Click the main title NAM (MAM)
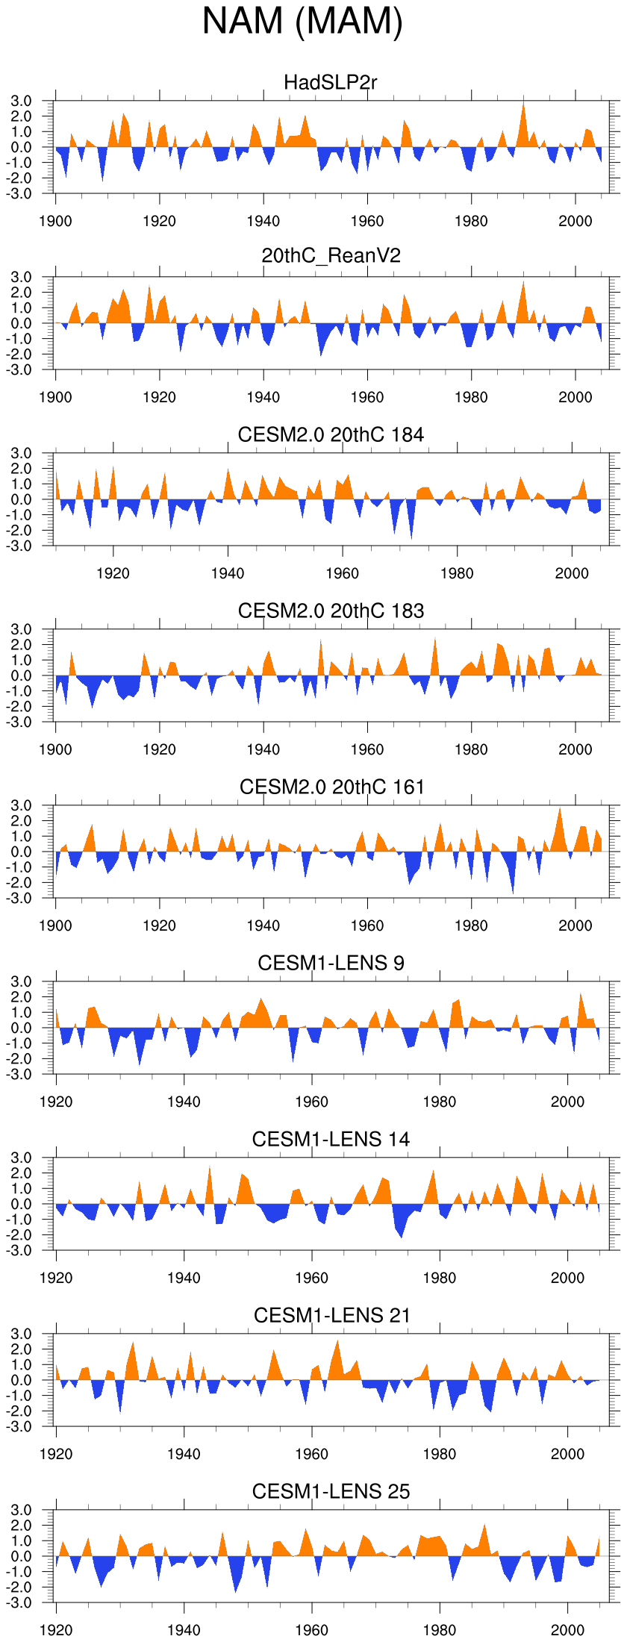pyautogui.click(x=302, y=21)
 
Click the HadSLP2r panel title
pyautogui.click(x=331, y=82)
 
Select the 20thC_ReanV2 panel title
pyautogui.click(x=331, y=256)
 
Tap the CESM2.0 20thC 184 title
pyautogui.click(x=331, y=434)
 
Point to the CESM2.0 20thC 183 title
pyautogui.click(x=331, y=611)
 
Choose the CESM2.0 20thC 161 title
pyautogui.click(x=331, y=787)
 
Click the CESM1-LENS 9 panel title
pyautogui.click(x=331, y=963)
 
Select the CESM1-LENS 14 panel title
pyautogui.click(x=331, y=1139)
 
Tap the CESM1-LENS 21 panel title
pyautogui.click(x=331, y=1315)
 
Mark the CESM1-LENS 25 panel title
pyautogui.click(x=331, y=1491)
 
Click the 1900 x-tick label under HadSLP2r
pyautogui.click(x=55, y=221)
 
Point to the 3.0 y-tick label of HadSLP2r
pyautogui.click(x=21, y=101)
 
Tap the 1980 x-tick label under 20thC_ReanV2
pyautogui.click(x=471, y=397)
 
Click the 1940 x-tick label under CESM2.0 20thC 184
pyautogui.click(x=228, y=573)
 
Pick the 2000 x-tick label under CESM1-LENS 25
pyautogui.click(x=567, y=1630)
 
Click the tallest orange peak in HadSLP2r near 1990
pyautogui.click(x=523, y=103)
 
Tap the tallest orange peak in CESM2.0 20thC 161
pyautogui.click(x=560, y=809)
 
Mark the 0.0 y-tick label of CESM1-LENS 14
pyautogui.click(x=21, y=1204)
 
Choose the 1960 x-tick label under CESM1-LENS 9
pyautogui.click(x=311, y=1102)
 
